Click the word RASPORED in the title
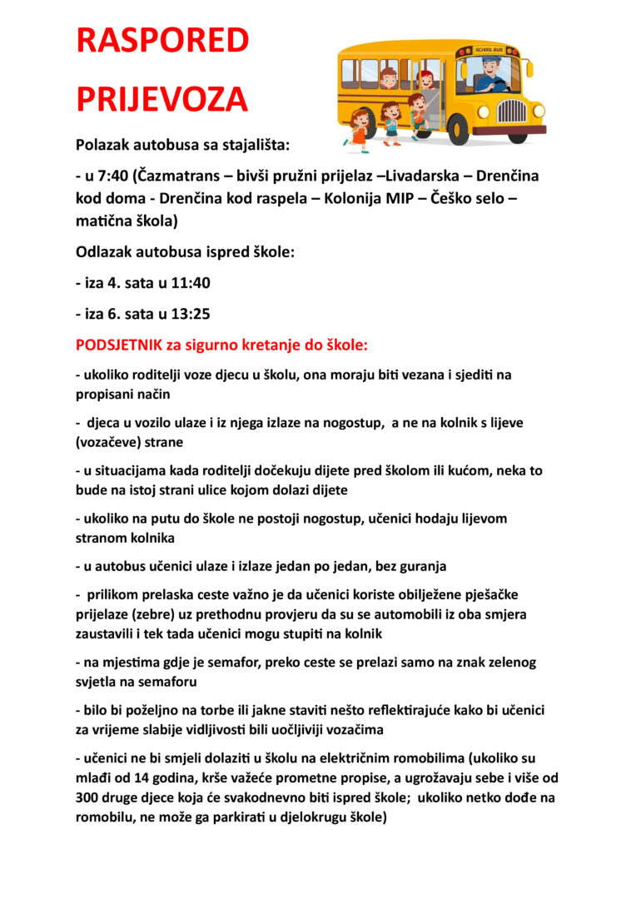tap(162, 41)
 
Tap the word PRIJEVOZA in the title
tap(162, 100)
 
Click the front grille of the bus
tap(512, 111)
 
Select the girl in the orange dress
tap(360, 131)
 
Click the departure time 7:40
tap(114, 176)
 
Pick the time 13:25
tap(191, 314)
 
